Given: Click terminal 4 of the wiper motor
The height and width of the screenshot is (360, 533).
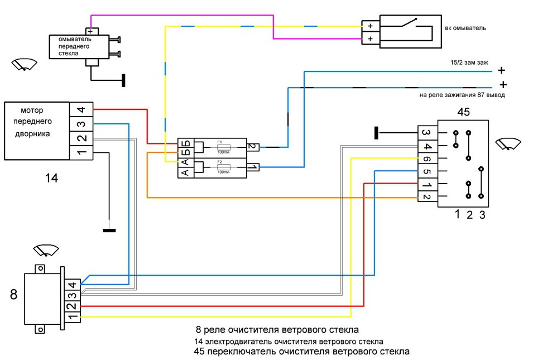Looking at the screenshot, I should point(80,110).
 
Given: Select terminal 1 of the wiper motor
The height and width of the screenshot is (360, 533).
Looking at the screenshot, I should point(80,152).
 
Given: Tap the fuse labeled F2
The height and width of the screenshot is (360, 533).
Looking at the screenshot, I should point(222,166).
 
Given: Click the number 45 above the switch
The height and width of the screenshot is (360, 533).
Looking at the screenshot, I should point(463,112).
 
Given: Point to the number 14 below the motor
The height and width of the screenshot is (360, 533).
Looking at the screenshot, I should point(51,179).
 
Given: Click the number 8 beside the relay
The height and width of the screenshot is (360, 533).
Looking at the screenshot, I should point(13,294).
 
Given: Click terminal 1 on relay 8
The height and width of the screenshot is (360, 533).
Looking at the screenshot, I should point(72,317).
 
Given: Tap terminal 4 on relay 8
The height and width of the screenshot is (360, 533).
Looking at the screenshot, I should point(72,284).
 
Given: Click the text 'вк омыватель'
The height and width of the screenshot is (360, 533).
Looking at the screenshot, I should point(467,27).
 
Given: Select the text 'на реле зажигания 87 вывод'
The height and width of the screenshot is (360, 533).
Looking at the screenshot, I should point(462,95).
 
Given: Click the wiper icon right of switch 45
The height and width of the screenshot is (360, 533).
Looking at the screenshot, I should point(507,143).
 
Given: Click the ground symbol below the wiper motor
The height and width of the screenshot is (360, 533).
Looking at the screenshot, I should point(109,230).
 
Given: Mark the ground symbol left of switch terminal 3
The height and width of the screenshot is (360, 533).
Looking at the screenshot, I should point(377,133).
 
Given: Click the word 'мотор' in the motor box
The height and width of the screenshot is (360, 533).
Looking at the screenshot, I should point(32,110).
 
